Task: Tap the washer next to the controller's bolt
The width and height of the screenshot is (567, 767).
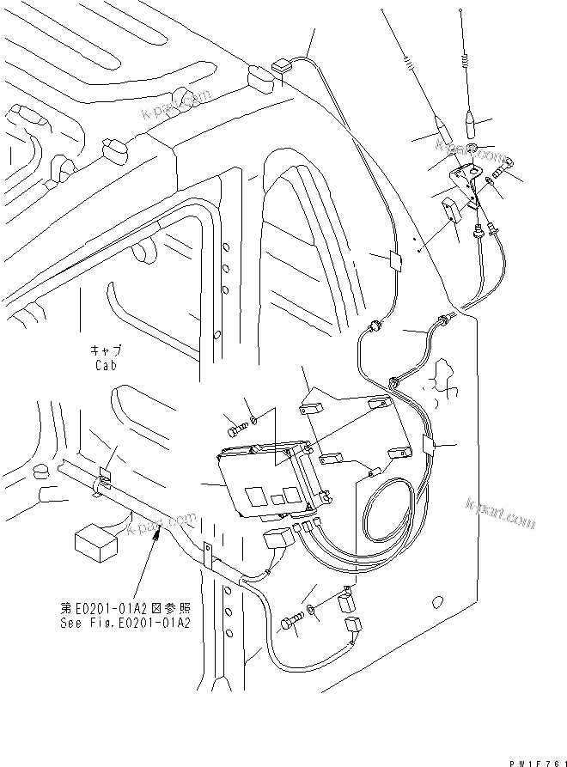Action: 253,418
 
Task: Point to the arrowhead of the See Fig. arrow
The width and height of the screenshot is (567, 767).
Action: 155,534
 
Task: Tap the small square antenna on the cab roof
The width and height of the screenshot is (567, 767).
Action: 281,65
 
